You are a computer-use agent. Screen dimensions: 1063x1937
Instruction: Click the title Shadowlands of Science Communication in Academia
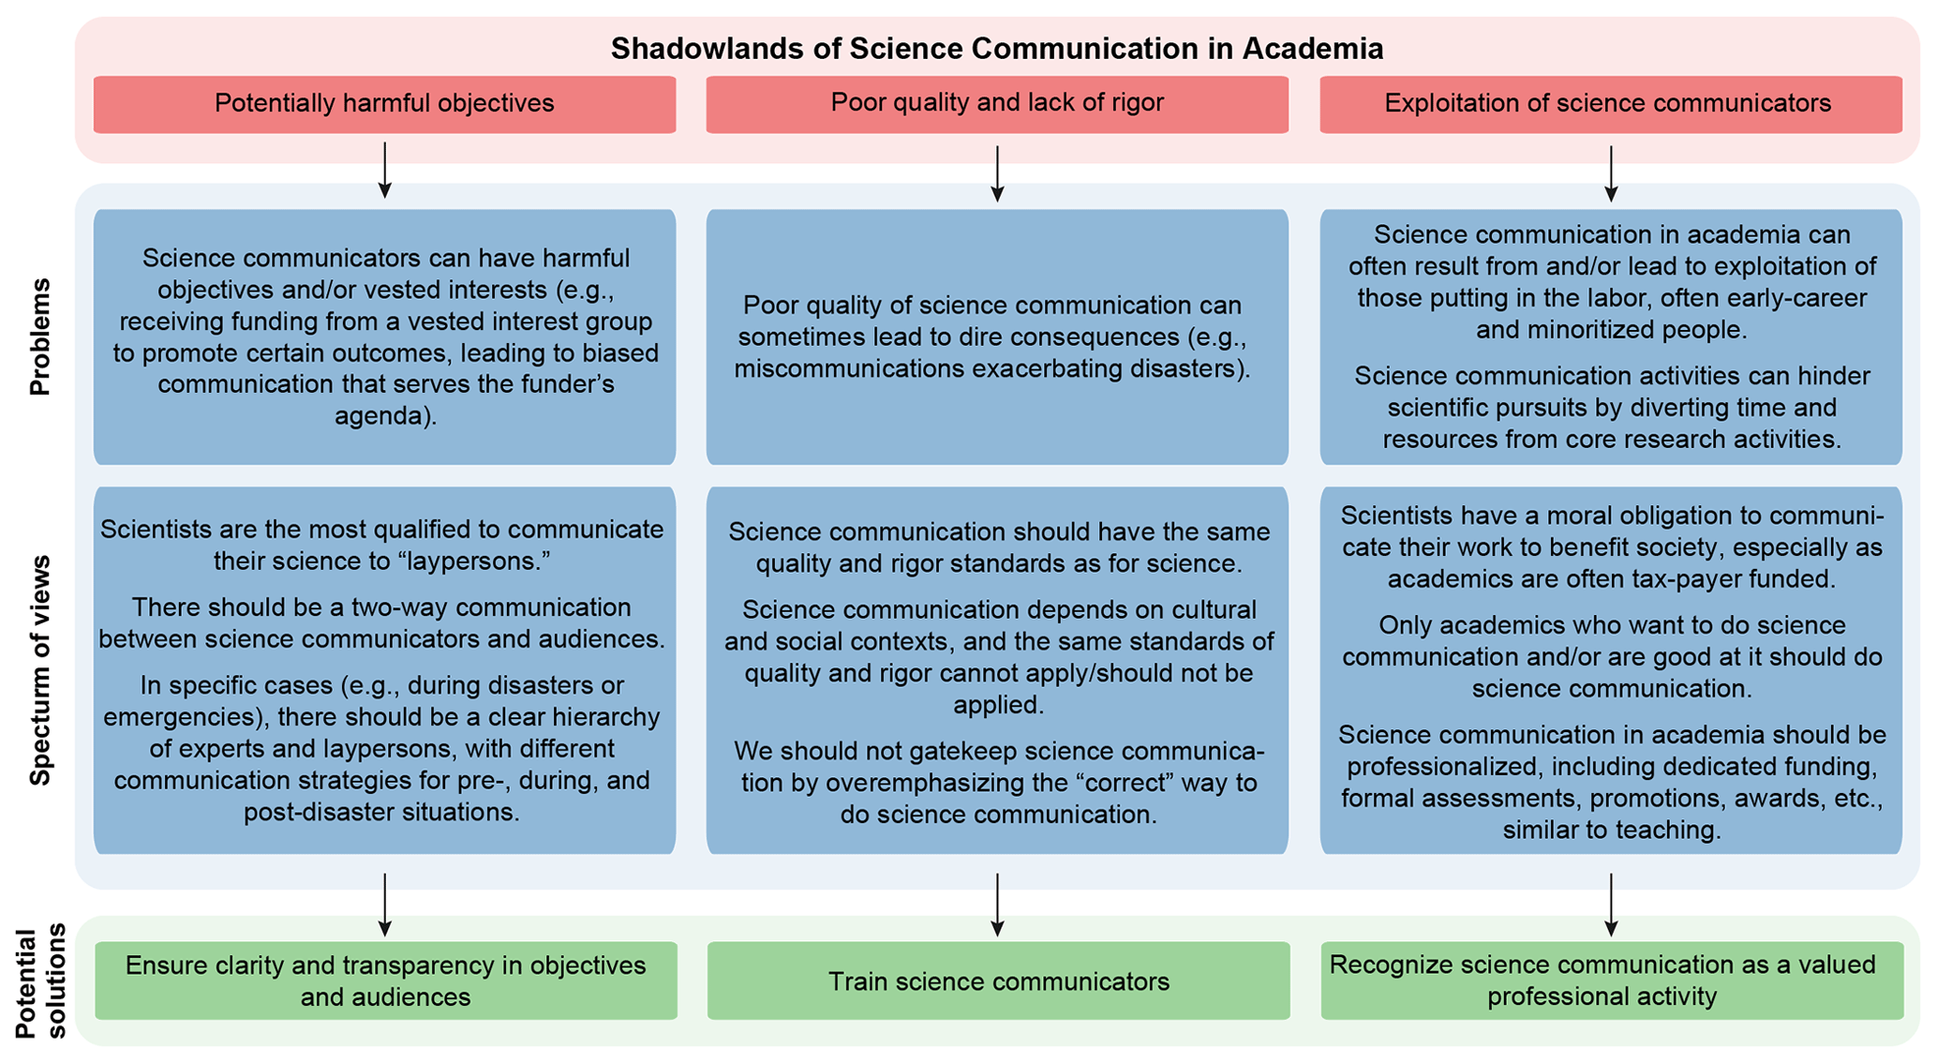[x=996, y=49]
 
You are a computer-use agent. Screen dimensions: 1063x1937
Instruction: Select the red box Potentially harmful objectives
[x=384, y=103]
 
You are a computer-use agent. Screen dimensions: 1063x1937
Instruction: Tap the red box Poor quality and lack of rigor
[x=997, y=102]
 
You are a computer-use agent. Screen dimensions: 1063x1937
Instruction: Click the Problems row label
[x=39, y=337]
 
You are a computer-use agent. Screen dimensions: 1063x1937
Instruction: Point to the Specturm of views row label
[x=39, y=670]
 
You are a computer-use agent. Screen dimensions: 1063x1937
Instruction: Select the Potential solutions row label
[x=41, y=981]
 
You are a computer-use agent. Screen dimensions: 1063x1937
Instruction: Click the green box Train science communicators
[x=999, y=981]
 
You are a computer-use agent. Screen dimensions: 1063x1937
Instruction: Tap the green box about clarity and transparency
[x=385, y=981]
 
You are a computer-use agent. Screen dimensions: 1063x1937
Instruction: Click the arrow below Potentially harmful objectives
[x=384, y=170]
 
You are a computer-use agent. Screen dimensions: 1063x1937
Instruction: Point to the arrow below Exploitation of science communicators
[x=1611, y=173]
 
